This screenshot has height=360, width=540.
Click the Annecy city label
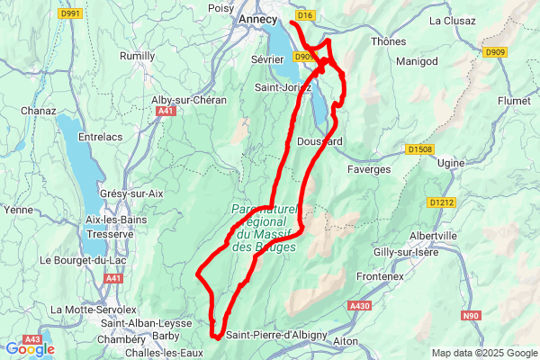[258, 18]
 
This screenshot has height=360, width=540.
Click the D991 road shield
[68, 13]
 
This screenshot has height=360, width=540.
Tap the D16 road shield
[305, 15]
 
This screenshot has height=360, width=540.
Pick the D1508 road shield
[419, 149]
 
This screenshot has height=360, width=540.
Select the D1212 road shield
[442, 202]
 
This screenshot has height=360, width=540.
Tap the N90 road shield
[471, 316]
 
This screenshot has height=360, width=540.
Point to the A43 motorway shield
[33, 339]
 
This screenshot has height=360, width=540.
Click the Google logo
[30, 349]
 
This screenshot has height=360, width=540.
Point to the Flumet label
[514, 102]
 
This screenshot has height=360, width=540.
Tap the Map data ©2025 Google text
[483, 353]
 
